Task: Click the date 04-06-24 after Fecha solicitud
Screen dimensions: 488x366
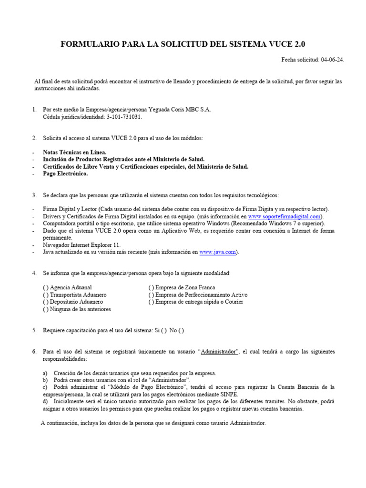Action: [x=333, y=60]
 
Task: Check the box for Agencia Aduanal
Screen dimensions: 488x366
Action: [x=45, y=288]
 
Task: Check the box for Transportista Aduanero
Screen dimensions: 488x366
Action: [x=45, y=295]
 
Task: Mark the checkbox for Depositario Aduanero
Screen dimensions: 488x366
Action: [x=45, y=302]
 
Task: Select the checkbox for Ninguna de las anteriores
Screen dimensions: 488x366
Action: [x=45, y=309]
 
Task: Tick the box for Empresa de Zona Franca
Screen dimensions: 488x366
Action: [x=151, y=288]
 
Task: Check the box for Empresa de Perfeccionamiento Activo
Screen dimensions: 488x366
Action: [x=151, y=295]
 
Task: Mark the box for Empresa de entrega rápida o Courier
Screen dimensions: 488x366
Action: [x=151, y=302]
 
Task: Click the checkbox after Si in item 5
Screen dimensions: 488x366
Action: [x=163, y=330]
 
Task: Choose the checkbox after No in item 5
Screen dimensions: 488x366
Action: [x=181, y=330]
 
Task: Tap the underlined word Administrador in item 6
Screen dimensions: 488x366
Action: [x=219, y=352]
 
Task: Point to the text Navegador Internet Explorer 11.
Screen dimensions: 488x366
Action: [x=81, y=245]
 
